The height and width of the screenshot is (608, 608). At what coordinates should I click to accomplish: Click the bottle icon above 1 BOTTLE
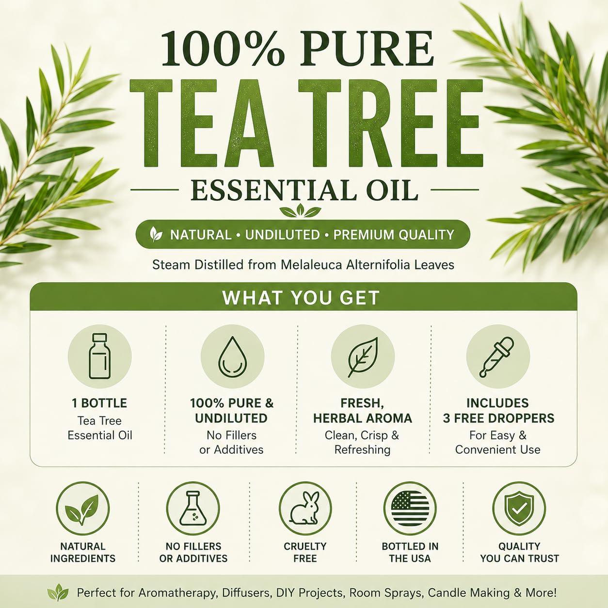click(x=100, y=356)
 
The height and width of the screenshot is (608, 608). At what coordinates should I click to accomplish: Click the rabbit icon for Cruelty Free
click(x=305, y=508)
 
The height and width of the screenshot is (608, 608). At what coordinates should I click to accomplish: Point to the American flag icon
click(x=410, y=508)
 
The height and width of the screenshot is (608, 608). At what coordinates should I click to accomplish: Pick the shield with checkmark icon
click(x=519, y=508)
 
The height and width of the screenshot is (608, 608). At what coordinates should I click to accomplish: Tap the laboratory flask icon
click(x=193, y=508)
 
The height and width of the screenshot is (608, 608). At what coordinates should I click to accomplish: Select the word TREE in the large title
click(x=391, y=123)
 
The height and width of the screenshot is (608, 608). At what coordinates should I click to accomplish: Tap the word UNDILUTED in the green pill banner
click(x=282, y=235)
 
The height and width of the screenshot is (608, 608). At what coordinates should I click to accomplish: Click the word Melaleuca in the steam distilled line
click(x=311, y=265)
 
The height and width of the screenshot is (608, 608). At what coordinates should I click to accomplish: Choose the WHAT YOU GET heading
click(x=301, y=298)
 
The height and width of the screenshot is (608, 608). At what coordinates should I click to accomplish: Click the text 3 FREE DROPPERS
click(x=498, y=418)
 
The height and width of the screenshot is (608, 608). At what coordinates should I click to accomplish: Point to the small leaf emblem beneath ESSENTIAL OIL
click(x=301, y=210)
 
